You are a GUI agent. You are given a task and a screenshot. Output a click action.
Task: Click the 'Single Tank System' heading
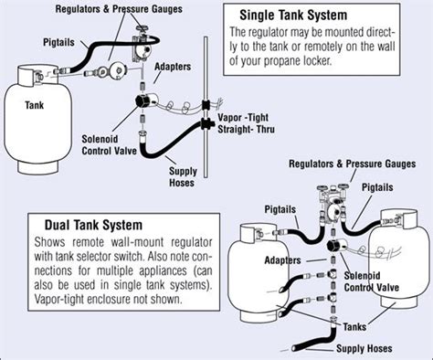coord(292,16)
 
